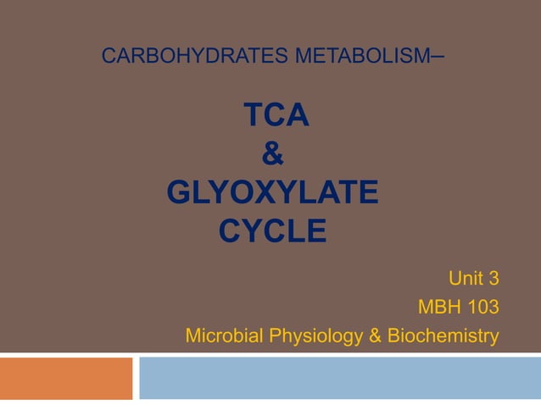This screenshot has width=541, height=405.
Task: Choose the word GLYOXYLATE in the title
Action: [273, 193]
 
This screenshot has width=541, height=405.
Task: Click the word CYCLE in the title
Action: [273, 230]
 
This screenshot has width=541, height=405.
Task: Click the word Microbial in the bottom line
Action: [222, 336]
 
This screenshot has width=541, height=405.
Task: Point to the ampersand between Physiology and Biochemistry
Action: [374, 336]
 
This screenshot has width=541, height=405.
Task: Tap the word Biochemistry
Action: [443, 336]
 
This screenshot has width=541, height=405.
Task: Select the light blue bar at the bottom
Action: [339, 378]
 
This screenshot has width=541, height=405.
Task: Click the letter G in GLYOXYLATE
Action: [181, 193]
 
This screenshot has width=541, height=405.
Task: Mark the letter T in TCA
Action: [253, 115]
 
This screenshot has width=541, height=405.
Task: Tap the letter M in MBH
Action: [426, 308]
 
